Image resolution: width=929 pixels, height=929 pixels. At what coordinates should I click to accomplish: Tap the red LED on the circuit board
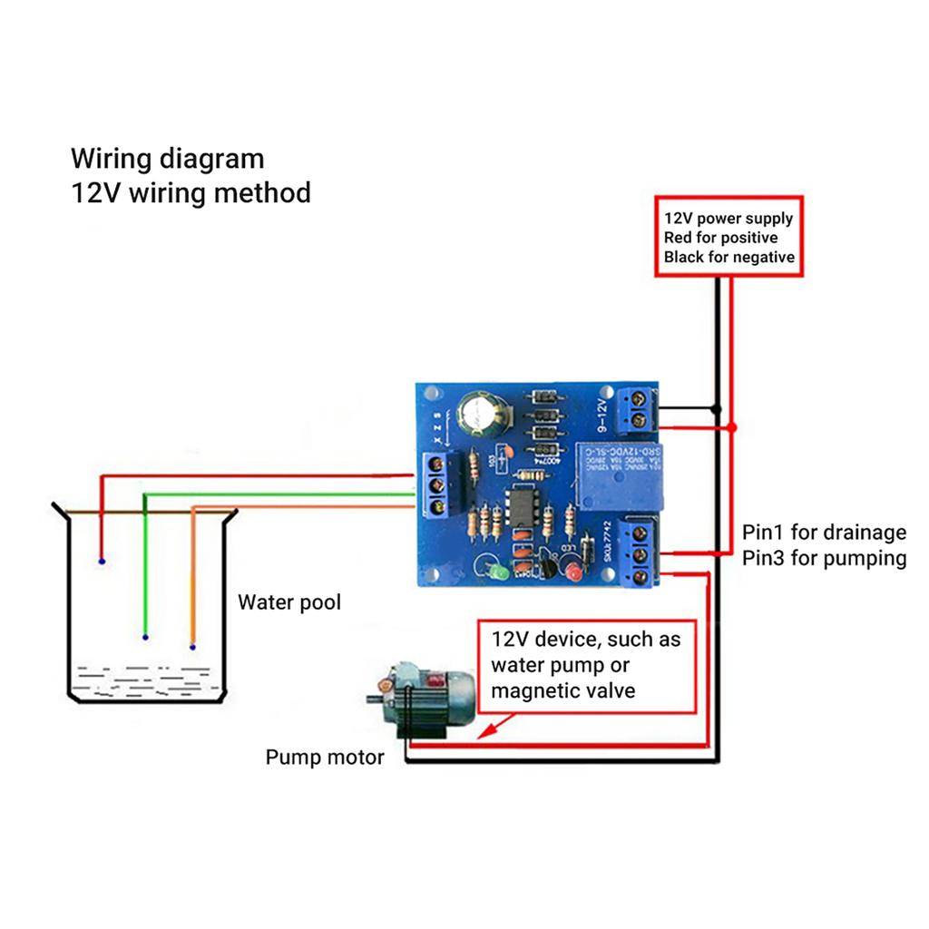(x=572, y=573)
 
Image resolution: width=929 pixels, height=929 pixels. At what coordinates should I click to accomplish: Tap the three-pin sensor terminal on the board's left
(x=440, y=486)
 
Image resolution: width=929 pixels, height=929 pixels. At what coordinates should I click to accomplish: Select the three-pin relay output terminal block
(x=642, y=553)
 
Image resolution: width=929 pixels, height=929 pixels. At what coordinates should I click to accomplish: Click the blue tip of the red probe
(x=101, y=562)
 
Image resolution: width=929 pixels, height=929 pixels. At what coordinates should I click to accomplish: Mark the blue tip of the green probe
(x=145, y=637)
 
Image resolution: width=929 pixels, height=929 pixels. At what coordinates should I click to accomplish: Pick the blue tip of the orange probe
(x=192, y=647)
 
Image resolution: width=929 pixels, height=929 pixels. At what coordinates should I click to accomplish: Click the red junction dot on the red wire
(x=732, y=426)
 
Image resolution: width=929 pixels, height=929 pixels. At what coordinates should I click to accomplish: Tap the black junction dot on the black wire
(x=716, y=408)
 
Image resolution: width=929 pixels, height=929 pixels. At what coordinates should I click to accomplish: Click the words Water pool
(x=288, y=602)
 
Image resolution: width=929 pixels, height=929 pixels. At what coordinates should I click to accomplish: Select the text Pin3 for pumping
(x=824, y=558)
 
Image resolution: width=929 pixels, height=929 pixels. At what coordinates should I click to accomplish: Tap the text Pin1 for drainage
(x=824, y=533)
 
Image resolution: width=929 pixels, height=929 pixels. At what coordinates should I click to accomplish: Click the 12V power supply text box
(x=729, y=237)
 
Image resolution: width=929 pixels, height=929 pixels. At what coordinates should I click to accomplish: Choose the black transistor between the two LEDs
(x=548, y=568)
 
